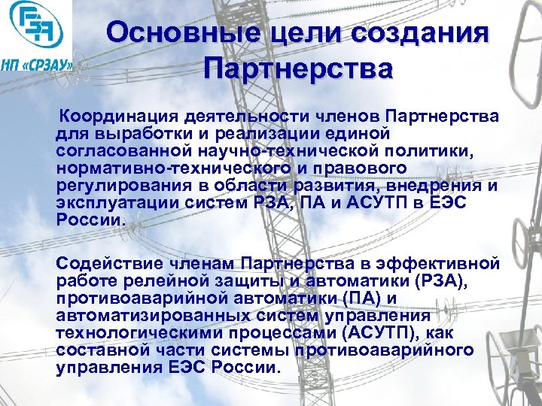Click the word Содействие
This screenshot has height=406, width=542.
(105, 263)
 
